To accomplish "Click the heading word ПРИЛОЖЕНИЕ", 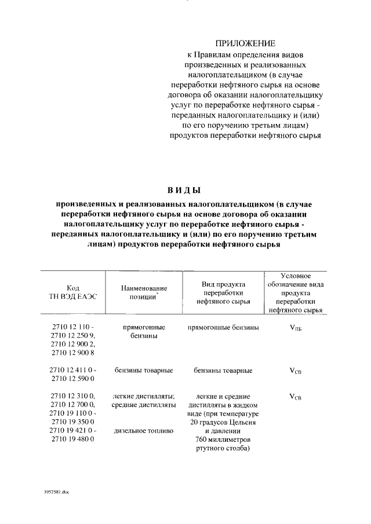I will pos(246,43).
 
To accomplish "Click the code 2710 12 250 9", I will pos(73,335).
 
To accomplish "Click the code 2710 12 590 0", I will pos(73,379).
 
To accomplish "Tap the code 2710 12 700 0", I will pos(73,405).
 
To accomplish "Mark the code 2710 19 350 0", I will pos(73,422).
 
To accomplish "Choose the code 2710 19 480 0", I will pos(73,439).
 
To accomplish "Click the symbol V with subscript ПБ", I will pos(295,328).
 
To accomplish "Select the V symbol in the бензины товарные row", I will pos(295,371).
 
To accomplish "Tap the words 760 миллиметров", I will pos(223,439).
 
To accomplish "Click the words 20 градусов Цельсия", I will pos(223,422).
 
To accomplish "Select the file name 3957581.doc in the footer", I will pos(56,492).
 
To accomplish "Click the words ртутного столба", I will pos(223,448).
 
